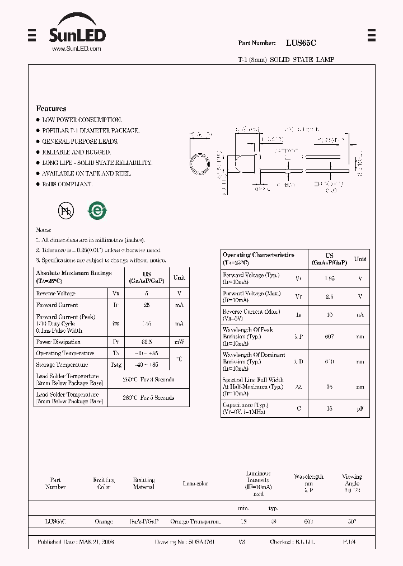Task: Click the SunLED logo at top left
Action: click(77, 34)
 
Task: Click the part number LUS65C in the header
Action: click(301, 43)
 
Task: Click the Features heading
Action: click(51, 109)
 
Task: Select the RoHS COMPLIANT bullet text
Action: click(67, 184)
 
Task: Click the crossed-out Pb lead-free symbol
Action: click(66, 210)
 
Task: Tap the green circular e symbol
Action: click(97, 210)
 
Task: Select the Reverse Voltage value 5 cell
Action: click(147, 293)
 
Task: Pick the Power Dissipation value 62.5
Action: click(147, 342)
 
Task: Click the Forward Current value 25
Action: click(147, 305)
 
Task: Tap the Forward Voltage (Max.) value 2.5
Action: click(329, 296)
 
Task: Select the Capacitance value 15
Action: click(329, 408)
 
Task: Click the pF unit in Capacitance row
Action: click(360, 408)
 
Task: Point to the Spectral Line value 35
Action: click(329, 386)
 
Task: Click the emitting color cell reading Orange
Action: click(104, 521)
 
